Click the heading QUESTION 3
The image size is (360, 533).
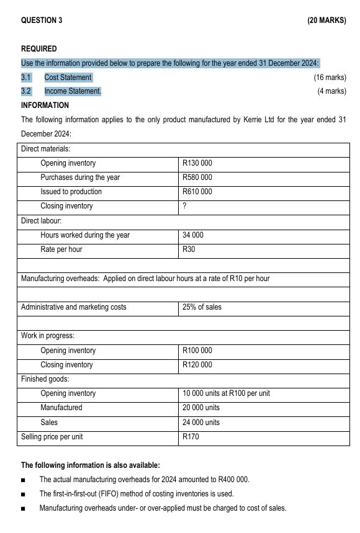point(42,20)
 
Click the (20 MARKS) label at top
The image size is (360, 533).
point(326,20)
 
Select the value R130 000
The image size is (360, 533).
point(197,163)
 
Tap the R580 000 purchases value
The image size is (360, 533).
point(197,177)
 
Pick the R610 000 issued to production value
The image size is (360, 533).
point(197,192)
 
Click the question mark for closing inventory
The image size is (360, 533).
point(184,206)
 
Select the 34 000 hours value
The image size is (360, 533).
point(193,235)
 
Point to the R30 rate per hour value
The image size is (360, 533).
point(189,249)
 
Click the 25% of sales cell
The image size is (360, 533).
point(202,307)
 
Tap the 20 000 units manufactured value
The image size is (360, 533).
point(201,408)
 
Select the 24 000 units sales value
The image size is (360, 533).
point(201,423)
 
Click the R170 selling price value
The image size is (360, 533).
point(191,437)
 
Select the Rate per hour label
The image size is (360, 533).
point(61,249)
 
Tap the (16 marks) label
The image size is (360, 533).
point(330,78)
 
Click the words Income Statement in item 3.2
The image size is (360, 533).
point(72,92)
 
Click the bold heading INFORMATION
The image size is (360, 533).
point(45,105)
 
